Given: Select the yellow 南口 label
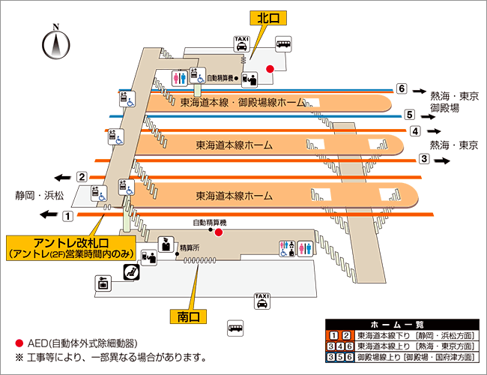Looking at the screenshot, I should [187, 316].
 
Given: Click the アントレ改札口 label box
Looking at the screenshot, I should [72, 247].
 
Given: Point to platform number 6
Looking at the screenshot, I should [402, 88].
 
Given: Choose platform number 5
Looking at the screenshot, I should [409, 115].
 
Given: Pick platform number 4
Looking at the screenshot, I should [414, 131].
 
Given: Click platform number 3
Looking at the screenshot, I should [423, 159].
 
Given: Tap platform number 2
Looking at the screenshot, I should [82, 177].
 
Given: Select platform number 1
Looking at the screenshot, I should [67, 216].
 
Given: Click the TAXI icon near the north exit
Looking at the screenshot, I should [242, 43].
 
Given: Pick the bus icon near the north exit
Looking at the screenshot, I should [284, 45].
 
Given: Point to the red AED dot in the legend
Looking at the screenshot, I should [19, 343].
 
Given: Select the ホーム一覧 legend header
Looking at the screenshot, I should [402, 324].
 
